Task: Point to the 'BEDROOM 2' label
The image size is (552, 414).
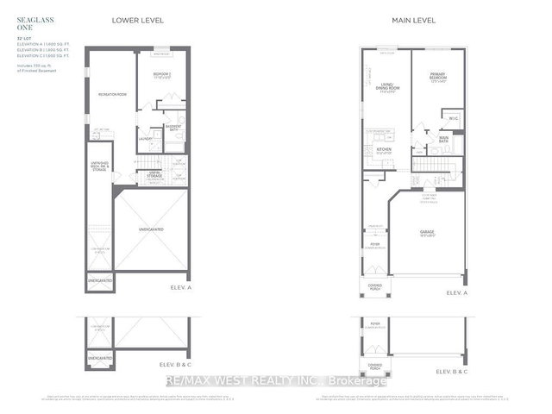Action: [164, 74]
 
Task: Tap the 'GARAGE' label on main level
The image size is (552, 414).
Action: [429, 231]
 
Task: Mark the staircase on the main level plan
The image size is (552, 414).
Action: [430, 165]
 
